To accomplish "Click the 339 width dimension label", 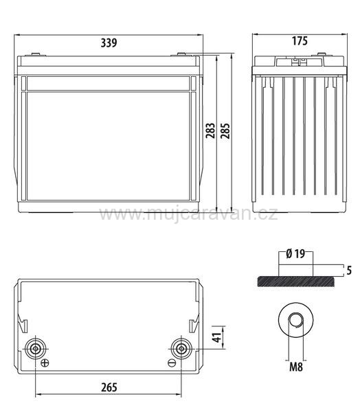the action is click(109, 43).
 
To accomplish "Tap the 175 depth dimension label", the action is click(300, 41).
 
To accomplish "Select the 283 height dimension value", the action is click(210, 130).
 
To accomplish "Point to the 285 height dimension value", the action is click(225, 130).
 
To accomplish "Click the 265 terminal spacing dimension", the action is click(109, 387).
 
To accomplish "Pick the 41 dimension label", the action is click(218, 338).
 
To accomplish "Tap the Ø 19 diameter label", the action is click(295, 254).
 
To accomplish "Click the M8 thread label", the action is click(296, 367).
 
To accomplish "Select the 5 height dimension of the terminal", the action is click(349, 271).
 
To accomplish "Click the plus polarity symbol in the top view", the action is click(45, 363).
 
